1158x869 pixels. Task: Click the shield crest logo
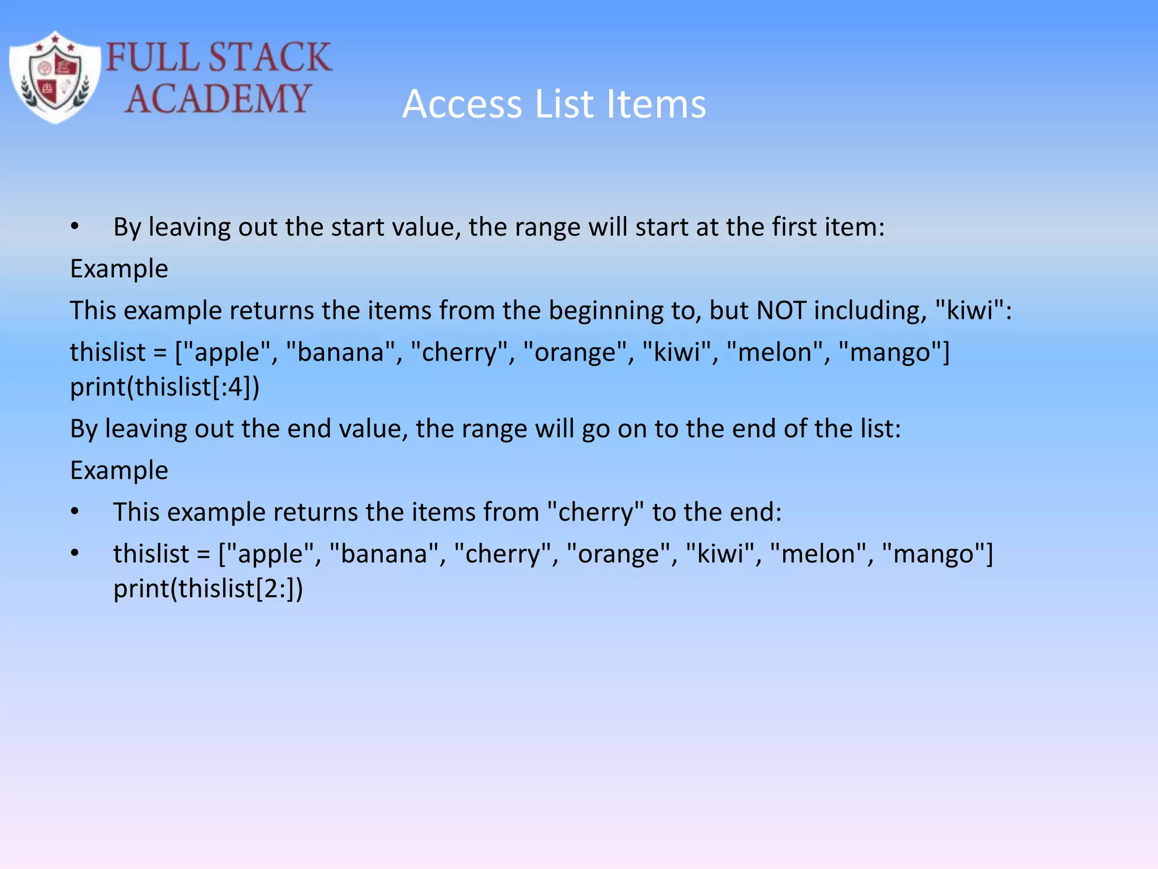point(55,78)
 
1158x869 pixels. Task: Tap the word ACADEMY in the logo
point(218,99)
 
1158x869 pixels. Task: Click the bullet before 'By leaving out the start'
point(75,227)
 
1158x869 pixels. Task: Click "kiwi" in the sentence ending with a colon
point(970,311)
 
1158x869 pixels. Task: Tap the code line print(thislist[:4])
point(165,388)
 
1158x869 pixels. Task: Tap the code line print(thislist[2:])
point(208,589)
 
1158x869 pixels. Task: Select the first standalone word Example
point(119,269)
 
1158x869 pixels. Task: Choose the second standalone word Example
point(119,471)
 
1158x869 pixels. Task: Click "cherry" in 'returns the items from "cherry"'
point(595,513)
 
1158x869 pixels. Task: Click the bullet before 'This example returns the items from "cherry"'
point(75,513)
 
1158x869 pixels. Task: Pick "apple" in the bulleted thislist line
point(270,554)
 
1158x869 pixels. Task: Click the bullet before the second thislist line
point(75,554)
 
